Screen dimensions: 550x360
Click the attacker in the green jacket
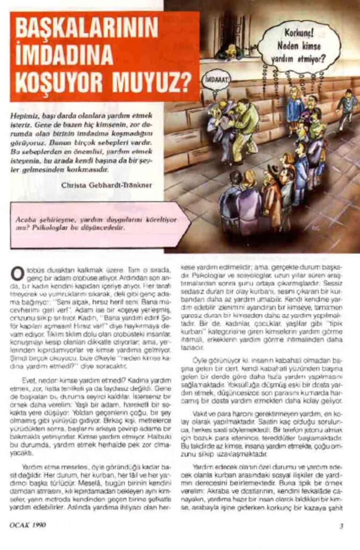coord(246,124)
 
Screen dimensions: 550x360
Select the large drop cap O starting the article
coord(17,272)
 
